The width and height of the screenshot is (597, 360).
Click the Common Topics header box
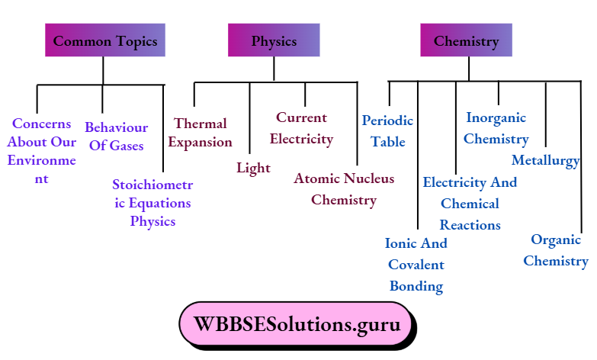click(x=105, y=40)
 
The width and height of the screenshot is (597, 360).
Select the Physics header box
click(x=274, y=40)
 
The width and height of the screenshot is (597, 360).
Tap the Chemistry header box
click(x=466, y=40)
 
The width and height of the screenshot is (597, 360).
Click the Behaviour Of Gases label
click(x=116, y=137)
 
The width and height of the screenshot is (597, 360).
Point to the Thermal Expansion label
click(x=201, y=133)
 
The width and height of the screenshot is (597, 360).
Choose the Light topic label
click(x=253, y=168)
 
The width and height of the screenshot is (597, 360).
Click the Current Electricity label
click(x=301, y=128)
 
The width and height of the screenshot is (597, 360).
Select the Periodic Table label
click(x=387, y=131)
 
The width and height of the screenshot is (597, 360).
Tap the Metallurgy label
click(x=546, y=161)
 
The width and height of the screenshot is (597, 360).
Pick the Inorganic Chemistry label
click(x=496, y=129)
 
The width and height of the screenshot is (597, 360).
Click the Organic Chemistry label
click(x=556, y=250)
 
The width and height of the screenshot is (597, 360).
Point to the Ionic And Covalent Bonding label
click(x=416, y=265)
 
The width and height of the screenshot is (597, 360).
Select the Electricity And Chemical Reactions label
click(x=470, y=204)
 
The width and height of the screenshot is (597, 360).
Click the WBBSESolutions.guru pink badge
click(x=297, y=325)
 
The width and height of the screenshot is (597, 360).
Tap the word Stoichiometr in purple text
click(x=152, y=185)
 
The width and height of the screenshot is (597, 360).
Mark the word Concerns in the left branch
click(x=41, y=124)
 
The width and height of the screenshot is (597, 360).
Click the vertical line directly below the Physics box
click(x=274, y=69)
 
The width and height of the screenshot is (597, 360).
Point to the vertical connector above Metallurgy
click(x=546, y=114)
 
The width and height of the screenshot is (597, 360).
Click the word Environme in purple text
click(x=41, y=160)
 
